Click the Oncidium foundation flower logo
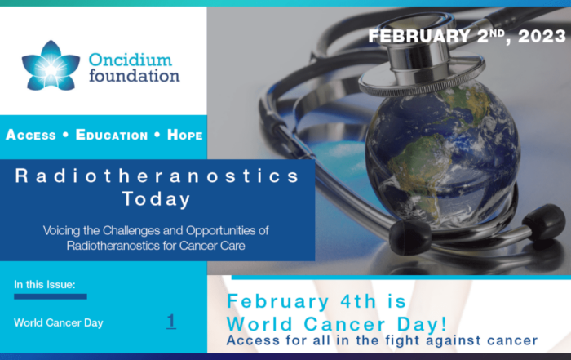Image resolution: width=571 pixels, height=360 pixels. [51, 66]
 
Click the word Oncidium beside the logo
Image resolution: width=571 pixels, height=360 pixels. [131, 60]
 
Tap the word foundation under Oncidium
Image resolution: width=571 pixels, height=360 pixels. [135, 76]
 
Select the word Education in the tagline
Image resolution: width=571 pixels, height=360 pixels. [112, 135]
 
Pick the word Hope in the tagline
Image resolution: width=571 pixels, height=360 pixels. [184, 135]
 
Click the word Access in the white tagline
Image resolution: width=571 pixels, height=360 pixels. [31, 135]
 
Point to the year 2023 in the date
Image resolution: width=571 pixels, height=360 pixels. [542, 36]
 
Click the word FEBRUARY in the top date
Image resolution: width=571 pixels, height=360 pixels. [418, 36]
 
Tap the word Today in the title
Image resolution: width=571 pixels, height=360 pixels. [157, 200]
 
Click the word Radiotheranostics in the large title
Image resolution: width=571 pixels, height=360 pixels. [157, 176]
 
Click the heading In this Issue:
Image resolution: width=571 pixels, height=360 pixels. [45, 285]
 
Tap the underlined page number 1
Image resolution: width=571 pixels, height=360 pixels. [171, 322]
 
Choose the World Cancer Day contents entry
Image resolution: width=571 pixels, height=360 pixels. [59, 322]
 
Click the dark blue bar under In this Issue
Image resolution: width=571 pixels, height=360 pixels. [51, 296]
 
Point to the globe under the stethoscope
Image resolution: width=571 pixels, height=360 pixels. [443, 153]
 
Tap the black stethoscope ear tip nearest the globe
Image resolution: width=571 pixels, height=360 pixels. [410, 238]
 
